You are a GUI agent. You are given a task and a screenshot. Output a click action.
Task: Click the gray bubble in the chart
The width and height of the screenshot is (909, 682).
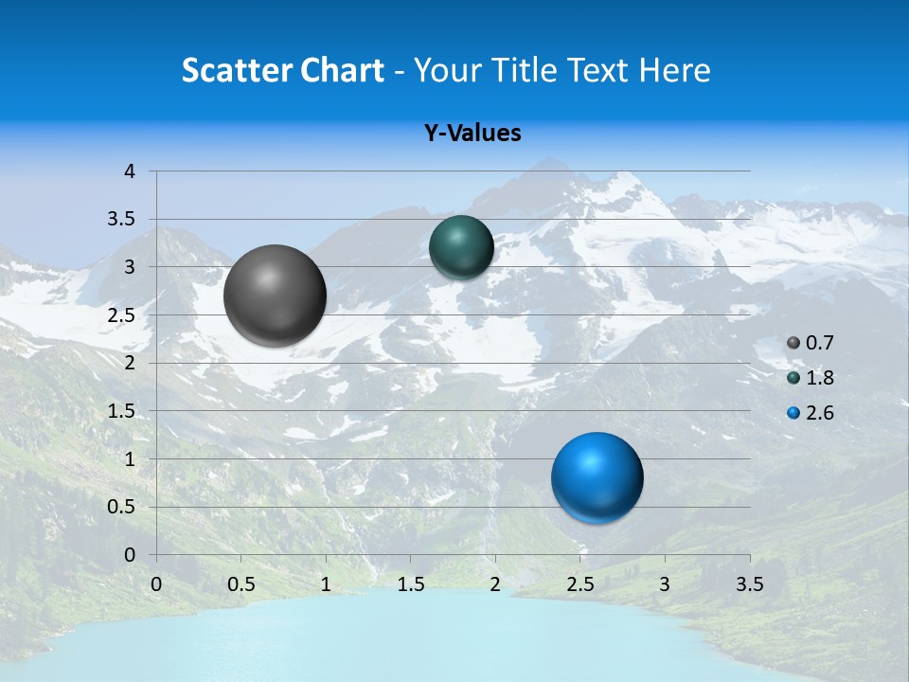275,296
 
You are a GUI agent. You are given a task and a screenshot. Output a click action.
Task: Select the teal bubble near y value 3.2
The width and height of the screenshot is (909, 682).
461,247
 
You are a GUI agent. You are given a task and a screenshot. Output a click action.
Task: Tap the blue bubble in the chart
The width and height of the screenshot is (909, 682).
597,477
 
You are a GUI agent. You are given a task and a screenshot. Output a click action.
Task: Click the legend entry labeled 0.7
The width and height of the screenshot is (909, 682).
811,343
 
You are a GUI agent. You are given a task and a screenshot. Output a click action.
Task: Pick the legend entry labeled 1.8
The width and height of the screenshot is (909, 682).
811,378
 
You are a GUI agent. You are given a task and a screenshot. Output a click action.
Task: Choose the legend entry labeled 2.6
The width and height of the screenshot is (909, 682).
811,412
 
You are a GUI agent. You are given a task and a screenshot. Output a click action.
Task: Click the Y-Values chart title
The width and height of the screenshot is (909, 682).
472,134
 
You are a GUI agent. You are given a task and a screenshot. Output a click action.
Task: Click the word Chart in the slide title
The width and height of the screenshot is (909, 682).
341,70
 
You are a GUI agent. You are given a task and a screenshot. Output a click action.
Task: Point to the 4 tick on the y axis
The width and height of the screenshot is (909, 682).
131,171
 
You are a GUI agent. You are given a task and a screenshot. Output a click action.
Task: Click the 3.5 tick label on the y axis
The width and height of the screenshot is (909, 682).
121,219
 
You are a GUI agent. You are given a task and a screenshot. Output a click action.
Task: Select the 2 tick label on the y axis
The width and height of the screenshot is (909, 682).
131,363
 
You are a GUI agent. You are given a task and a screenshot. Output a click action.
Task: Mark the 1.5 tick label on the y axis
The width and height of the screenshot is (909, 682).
121,411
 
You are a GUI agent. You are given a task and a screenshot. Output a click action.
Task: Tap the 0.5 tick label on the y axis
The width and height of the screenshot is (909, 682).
121,507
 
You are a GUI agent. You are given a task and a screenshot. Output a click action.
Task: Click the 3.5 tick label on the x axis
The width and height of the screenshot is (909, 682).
749,583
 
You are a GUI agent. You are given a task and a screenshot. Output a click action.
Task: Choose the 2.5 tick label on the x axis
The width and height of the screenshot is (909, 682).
579,583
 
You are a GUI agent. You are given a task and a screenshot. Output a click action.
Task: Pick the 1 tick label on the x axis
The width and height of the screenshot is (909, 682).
326,583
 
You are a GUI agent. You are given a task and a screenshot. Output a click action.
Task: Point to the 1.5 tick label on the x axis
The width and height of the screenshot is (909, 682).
410,583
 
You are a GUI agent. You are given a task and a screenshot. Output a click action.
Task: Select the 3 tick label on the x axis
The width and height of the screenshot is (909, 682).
665,583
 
